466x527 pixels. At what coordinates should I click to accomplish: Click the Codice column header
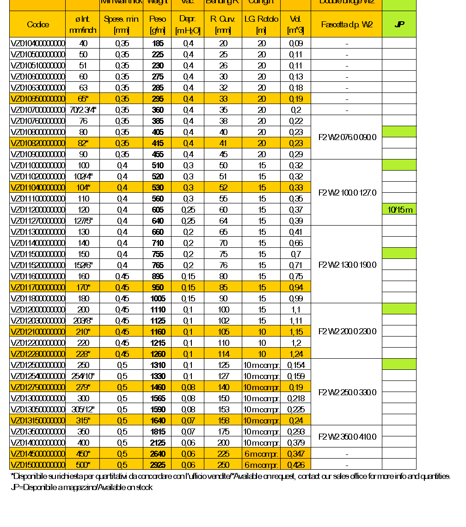pyautogui.click(x=37, y=25)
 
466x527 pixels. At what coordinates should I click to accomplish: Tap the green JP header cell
pyautogui.click(x=399, y=25)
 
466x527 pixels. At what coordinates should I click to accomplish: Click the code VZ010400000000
pyautogui.click(x=37, y=43)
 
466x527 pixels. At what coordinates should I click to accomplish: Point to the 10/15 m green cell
pyautogui.click(x=399, y=210)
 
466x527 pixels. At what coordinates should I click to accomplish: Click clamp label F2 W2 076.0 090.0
pyautogui.click(x=348, y=137)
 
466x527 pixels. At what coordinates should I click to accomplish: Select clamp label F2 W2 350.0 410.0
pyautogui.click(x=348, y=437)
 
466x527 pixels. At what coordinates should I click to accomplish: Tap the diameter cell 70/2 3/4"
pyautogui.click(x=83, y=110)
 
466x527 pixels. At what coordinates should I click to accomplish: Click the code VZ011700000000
pyautogui.click(x=37, y=288)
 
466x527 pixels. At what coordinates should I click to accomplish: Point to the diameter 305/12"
pyautogui.click(x=83, y=409)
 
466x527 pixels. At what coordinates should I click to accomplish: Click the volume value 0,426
pyautogui.click(x=296, y=465)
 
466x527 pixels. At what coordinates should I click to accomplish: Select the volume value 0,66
pyautogui.click(x=296, y=243)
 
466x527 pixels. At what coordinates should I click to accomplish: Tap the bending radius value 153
pyautogui.click(x=223, y=409)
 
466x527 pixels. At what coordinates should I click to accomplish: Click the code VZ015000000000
pyautogui.click(x=37, y=465)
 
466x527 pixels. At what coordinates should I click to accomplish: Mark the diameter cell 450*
pyautogui.click(x=83, y=453)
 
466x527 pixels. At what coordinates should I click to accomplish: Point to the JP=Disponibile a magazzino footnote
pyautogui.click(x=81, y=487)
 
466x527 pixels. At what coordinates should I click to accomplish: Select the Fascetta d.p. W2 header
pyautogui.click(x=347, y=25)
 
